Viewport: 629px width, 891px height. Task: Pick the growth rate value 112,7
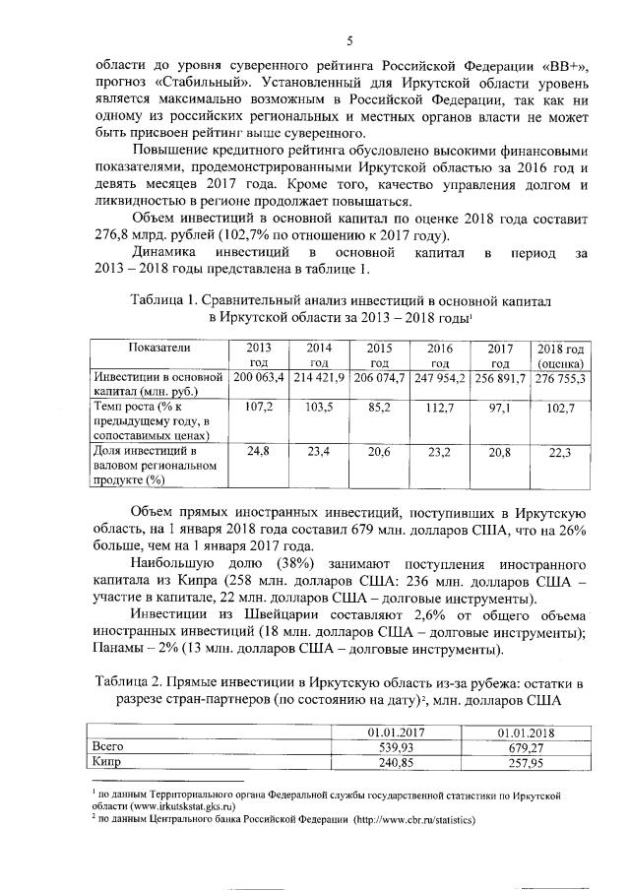[x=439, y=405]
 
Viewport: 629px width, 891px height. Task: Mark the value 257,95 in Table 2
[x=523, y=761]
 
